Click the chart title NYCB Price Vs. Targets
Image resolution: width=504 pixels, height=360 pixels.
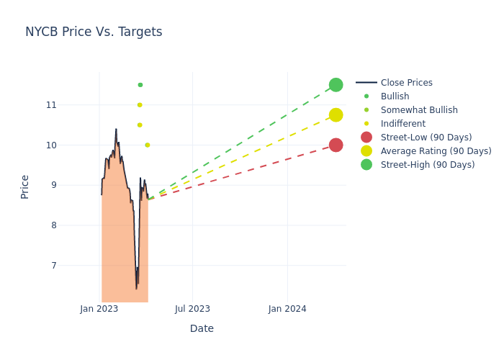coord(94,32)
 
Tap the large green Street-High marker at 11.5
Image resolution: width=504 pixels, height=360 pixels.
coord(336,85)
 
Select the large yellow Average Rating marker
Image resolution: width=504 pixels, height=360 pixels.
coord(336,115)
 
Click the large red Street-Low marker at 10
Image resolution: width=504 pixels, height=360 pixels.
coord(336,145)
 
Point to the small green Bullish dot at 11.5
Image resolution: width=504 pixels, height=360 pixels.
coord(140,85)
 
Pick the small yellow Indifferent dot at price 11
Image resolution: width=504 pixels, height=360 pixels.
coord(140,105)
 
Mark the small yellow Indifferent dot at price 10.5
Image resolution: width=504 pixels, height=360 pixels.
coord(140,125)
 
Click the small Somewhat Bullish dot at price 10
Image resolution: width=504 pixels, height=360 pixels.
coord(148,145)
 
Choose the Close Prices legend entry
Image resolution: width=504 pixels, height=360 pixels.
coord(406,83)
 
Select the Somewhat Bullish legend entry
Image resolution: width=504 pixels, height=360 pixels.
coord(419,110)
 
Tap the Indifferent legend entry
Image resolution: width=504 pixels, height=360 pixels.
coord(402,124)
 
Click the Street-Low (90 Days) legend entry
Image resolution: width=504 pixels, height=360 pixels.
coord(426,138)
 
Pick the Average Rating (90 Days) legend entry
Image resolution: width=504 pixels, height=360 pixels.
coord(436,151)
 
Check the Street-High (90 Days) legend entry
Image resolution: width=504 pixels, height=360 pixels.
coord(427,165)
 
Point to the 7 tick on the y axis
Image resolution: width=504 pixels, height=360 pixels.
coord(51,266)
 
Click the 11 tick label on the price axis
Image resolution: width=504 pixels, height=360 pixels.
coord(50,105)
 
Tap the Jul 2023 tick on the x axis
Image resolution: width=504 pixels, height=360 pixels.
coord(193,309)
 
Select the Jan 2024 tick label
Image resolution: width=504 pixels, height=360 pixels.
coord(287,309)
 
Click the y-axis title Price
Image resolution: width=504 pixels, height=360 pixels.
coord(25,186)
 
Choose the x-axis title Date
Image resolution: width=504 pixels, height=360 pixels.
coord(202,329)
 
